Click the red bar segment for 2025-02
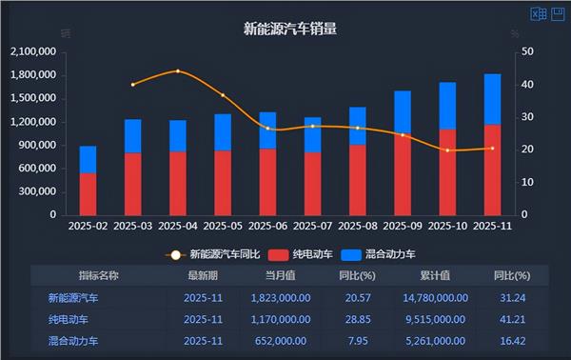pyautogui.click(x=88, y=193)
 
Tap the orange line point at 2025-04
pyautogui.click(x=178, y=71)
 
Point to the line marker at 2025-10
pyautogui.click(x=447, y=150)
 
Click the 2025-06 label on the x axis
pyautogui.click(x=267, y=227)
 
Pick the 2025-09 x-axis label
pyautogui.click(x=403, y=227)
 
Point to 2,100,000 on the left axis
pyautogui.click(x=32, y=51)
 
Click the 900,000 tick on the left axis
pyautogui.click(x=38, y=145)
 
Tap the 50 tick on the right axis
pyautogui.click(x=527, y=51)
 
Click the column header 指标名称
pyautogui.click(x=99, y=275)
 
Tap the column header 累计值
pyautogui.click(x=434, y=275)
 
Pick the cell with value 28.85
pyautogui.click(x=358, y=319)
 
